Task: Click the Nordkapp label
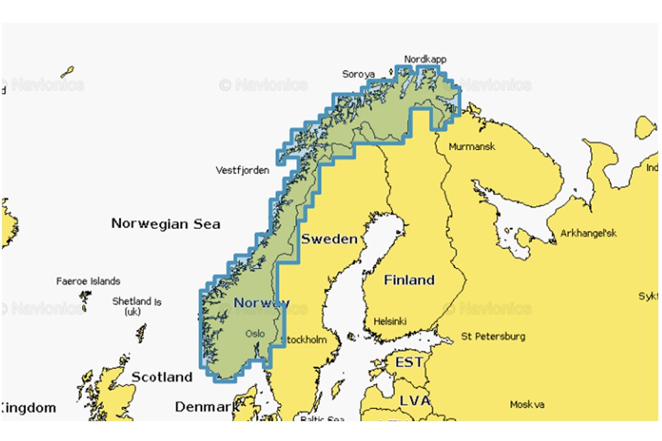(x=425, y=59)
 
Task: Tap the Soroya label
(x=358, y=74)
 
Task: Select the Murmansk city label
(x=472, y=147)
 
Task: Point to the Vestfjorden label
(x=242, y=170)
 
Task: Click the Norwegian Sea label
(x=165, y=224)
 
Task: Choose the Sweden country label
(x=329, y=239)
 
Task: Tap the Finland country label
(x=409, y=280)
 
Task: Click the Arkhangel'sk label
(x=589, y=233)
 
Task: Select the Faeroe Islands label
(x=88, y=282)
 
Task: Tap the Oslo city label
(x=255, y=334)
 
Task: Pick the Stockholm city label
(x=304, y=340)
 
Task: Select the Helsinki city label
(x=390, y=321)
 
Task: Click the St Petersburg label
(x=493, y=336)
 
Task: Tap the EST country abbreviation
(x=409, y=363)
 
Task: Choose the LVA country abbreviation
(x=414, y=401)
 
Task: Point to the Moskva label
(x=527, y=405)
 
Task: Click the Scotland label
(x=162, y=378)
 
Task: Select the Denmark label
(x=207, y=407)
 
